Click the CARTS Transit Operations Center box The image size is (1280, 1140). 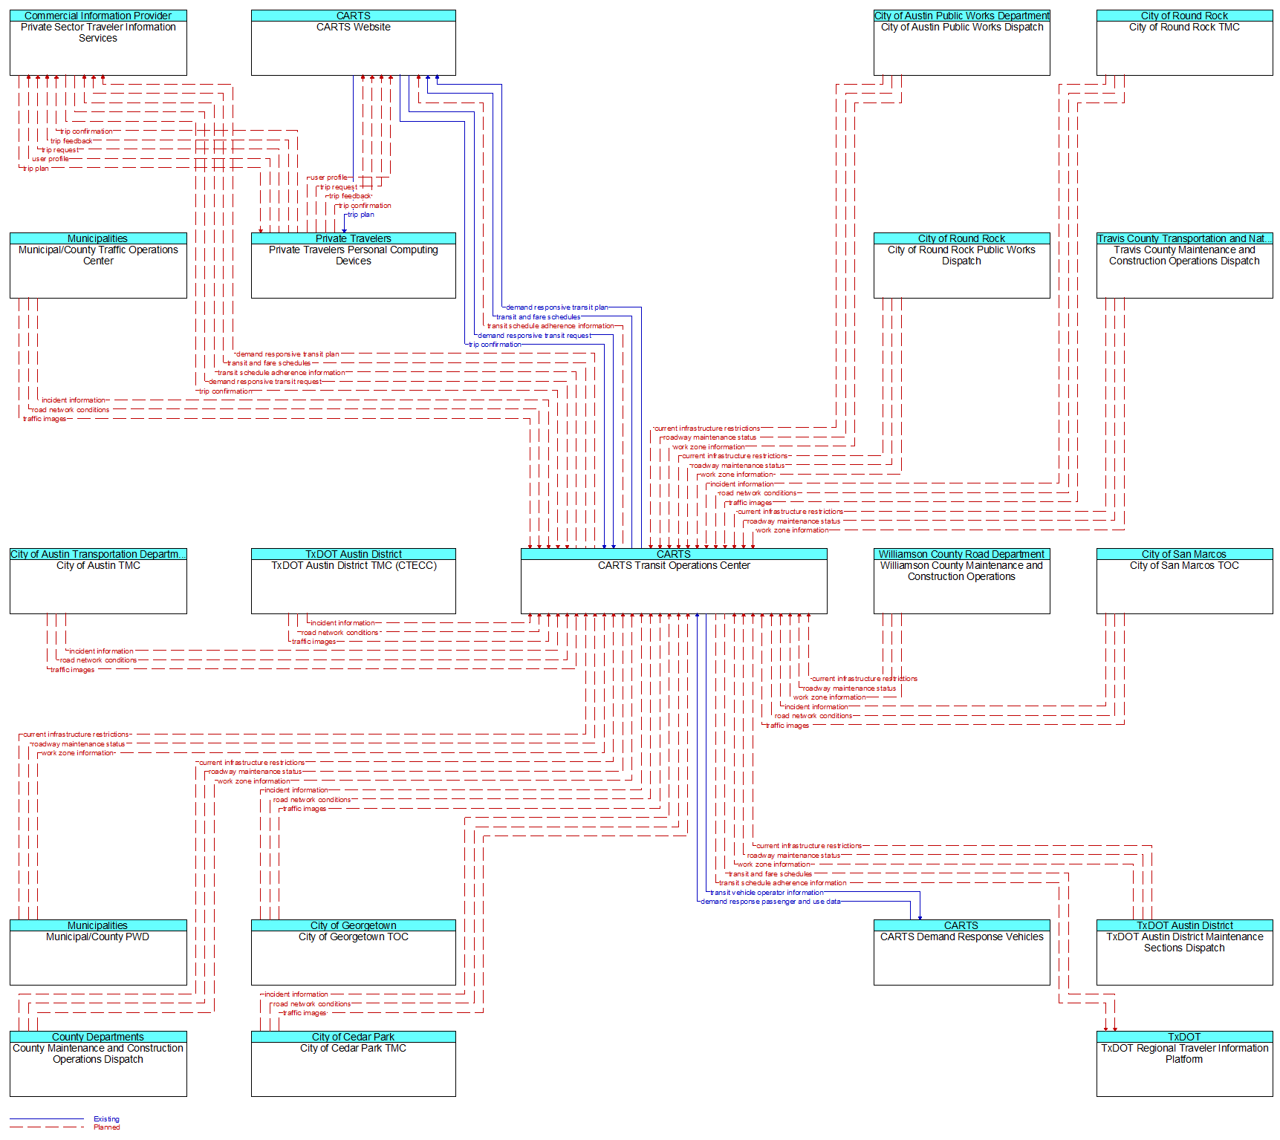(674, 581)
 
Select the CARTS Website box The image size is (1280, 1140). (353, 42)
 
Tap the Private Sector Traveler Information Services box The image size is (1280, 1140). (98, 42)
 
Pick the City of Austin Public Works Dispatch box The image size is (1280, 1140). (961, 42)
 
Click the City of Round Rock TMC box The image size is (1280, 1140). (1184, 42)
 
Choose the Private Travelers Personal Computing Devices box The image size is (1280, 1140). (353, 265)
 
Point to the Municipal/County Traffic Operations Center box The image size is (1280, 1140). (98, 265)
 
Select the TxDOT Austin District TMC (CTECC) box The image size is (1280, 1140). (353, 581)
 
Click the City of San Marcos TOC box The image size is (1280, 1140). (1184, 581)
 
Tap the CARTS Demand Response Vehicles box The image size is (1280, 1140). (961, 952)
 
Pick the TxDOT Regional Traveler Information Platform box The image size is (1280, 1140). (1184, 1064)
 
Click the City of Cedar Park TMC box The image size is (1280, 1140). (353, 1064)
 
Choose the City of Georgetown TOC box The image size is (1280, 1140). (353, 952)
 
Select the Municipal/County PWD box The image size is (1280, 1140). (98, 952)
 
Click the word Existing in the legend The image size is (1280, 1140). (106, 1119)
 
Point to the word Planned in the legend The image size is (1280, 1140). (106, 1127)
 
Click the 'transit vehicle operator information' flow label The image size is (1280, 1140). (767, 893)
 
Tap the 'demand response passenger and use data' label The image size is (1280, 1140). (770, 902)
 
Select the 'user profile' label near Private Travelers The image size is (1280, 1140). (328, 177)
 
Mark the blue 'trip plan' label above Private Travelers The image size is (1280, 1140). (361, 215)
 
